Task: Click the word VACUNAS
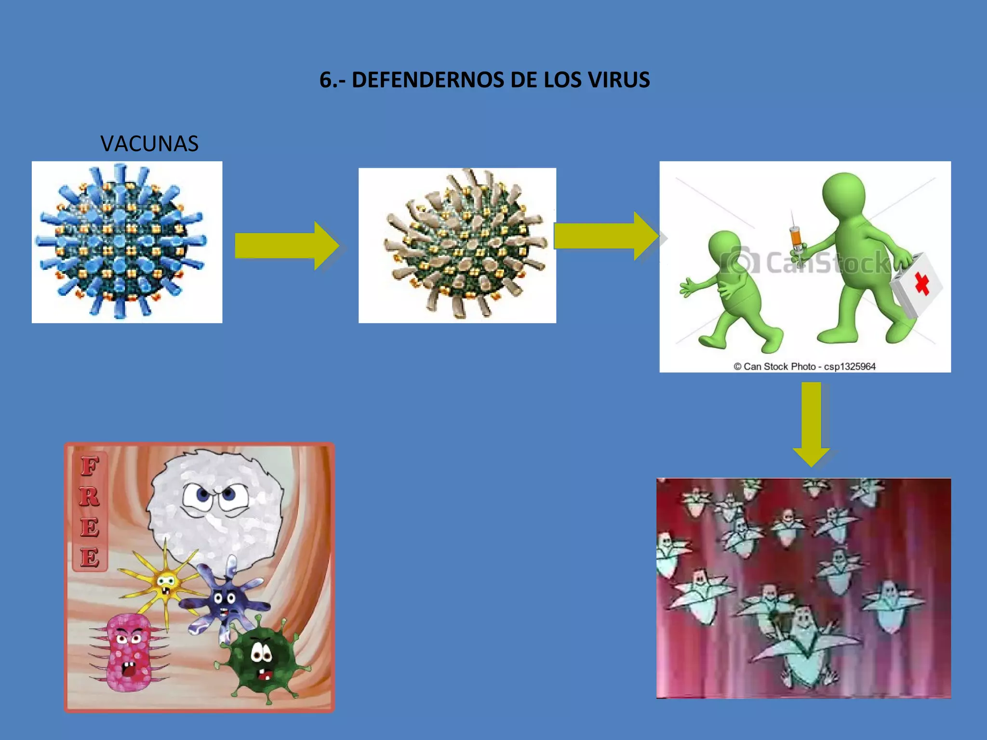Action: point(149,144)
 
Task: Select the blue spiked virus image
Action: point(126,242)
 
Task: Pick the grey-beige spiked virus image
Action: point(457,245)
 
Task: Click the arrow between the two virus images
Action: point(286,245)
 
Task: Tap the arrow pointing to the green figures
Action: point(605,236)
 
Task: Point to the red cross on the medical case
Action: point(922,283)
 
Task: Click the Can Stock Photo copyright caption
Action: point(804,366)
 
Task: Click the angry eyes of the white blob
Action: point(215,495)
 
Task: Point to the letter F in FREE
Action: point(90,466)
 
